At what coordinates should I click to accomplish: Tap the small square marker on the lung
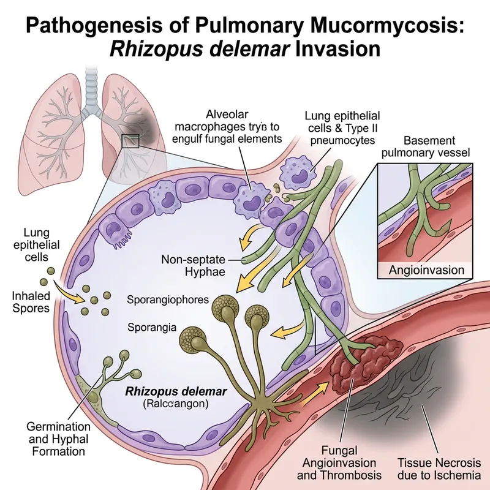pyautogui.click(x=130, y=141)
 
